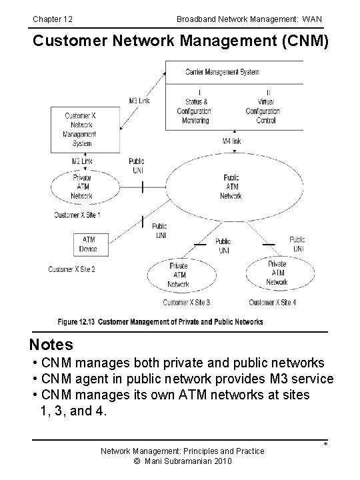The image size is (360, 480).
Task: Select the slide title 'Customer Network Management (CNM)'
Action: pos(181,41)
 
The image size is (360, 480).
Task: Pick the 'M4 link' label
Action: pos(231,141)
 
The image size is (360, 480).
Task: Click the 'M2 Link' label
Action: pos(81,161)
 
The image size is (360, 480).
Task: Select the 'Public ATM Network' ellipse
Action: pos(231,187)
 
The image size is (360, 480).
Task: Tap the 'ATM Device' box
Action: pos(88,244)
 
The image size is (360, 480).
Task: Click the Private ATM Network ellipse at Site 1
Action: pos(81,187)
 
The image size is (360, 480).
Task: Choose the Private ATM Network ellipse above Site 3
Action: pos(178,275)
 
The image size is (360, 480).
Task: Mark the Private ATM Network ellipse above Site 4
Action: pos(277,273)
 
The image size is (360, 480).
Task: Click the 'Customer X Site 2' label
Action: pos(71,269)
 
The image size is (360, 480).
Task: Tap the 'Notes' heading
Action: pos(51,345)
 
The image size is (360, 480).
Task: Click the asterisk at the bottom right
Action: pos(325,445)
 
